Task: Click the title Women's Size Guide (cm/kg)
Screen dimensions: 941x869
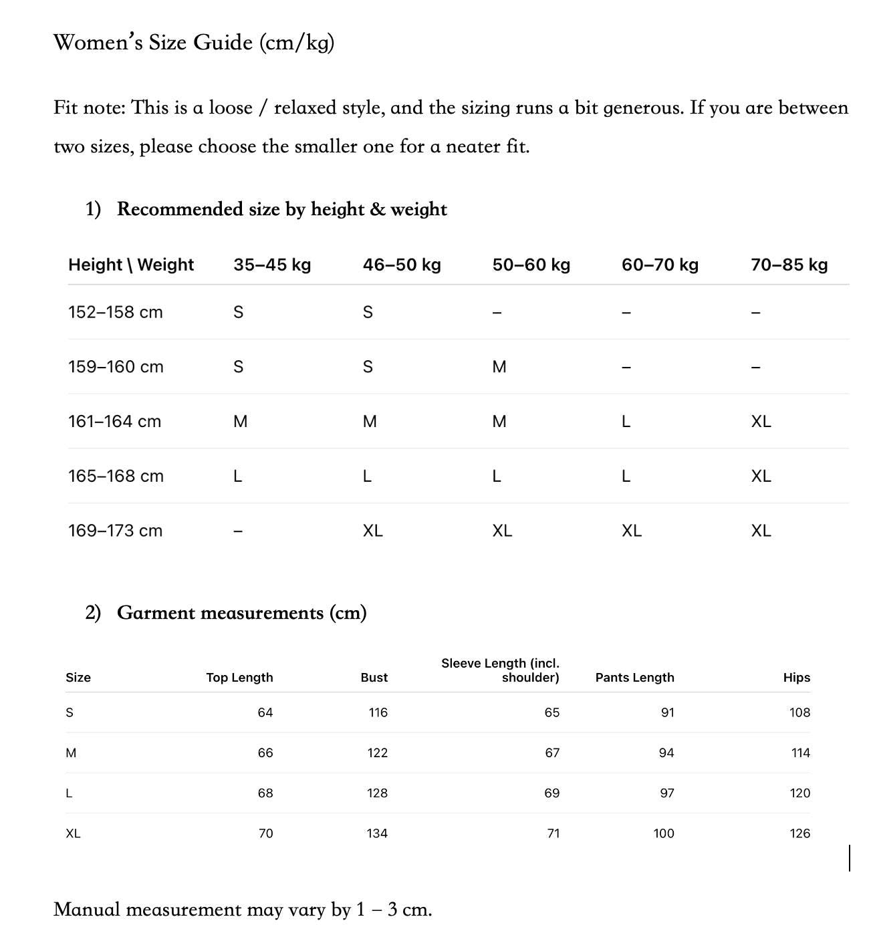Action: [x=194, y=43]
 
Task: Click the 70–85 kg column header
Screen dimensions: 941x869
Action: [x=789, y=265]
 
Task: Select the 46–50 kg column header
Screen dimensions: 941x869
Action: [x=402, y=265]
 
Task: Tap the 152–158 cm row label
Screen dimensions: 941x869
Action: [x=116, y=312]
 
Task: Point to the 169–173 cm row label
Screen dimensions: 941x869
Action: [x=115, y=531]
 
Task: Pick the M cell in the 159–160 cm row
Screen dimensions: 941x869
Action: [x=499, y=367]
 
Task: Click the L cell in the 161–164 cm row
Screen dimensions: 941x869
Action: [x=626, y=422]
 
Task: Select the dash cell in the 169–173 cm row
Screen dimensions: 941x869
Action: [x=238, y=531]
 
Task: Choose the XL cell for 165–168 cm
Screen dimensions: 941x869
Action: [x=761, y=476]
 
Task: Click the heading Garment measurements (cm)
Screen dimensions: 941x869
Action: [x=241, y=613]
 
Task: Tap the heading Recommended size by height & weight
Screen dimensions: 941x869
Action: [x=281, y=209]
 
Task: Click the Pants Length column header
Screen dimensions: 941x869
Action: [x=634, y=678]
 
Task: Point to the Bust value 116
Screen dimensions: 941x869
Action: [x=378, y=712]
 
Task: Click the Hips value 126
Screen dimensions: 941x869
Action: [x=799, y=833]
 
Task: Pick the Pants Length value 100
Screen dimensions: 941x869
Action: [x=664, y=833]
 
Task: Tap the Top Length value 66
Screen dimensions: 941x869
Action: [x=265, y=753]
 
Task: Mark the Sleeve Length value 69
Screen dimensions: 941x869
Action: [x=551, y=793]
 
